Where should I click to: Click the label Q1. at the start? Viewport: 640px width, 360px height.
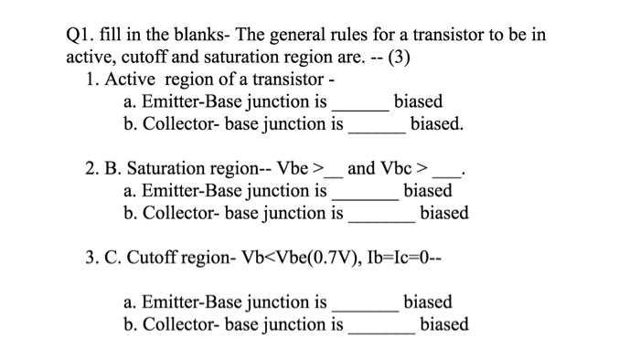pos(86,35)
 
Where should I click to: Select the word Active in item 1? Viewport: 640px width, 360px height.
pos(133,79)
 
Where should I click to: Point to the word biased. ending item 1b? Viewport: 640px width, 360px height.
pos(437,123)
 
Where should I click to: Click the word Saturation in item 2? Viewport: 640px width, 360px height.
pos(174,169)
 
